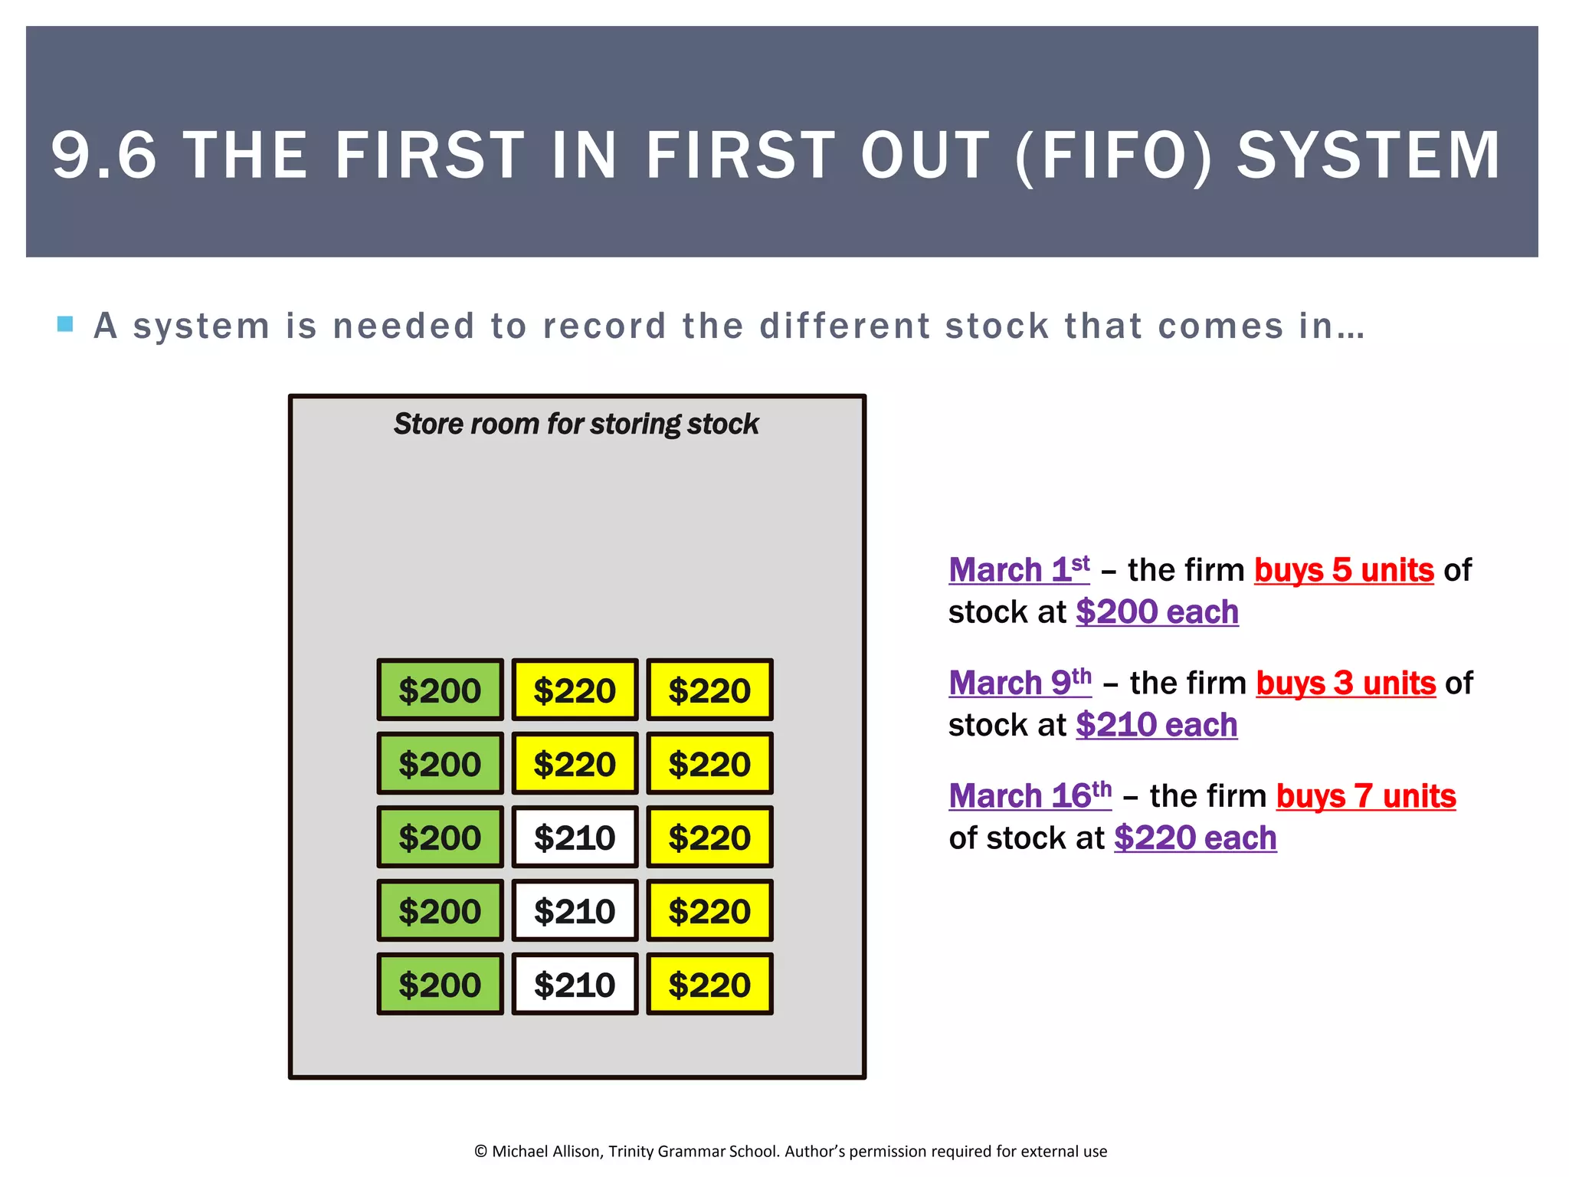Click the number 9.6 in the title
coord(103,156)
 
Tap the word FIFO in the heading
coord(1115,156)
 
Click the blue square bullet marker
coord(65,324)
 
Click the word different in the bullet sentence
coord(844,326)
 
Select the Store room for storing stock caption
coord(576,424)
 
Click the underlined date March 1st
coord(1018,569)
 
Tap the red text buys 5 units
coord(1344,570)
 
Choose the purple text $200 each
coord(1157,611)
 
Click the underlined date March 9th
coord(1020,682)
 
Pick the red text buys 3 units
coord(1345,683)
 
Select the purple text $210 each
coord(1156,724)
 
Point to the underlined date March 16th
coord(1030,795)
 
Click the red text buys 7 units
coord(1365,796)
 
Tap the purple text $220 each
coord(1195,838)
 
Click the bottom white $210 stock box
coord(575,985)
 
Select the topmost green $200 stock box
coord(440,690)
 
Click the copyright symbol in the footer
coord(480,1151)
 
